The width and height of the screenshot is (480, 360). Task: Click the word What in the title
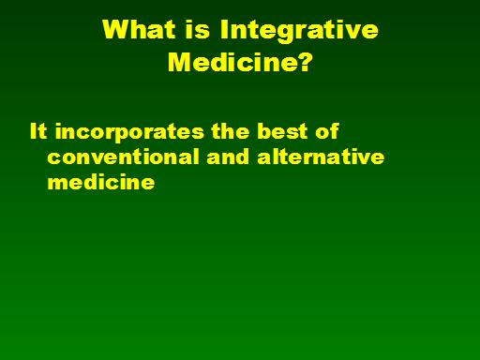[139, 29]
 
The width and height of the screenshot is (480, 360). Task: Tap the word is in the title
[197, 29]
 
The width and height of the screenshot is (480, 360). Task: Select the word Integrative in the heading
[299, 32]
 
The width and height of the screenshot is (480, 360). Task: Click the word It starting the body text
[38, 131]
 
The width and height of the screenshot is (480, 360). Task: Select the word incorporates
[129, 133]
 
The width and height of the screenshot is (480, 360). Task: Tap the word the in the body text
[231, 131]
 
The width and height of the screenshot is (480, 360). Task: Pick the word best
[282, 131]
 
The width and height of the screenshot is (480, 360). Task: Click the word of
[327, 131]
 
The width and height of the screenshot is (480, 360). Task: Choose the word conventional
[123, 157]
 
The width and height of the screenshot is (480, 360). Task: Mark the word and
[228, 157]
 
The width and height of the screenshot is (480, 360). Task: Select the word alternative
[321, 157]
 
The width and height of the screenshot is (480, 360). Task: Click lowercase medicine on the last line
[101, 182]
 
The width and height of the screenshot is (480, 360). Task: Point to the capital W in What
[116, 29]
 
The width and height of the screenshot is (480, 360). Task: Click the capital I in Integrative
[224, 29]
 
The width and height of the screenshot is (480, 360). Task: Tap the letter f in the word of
[335, 131]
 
